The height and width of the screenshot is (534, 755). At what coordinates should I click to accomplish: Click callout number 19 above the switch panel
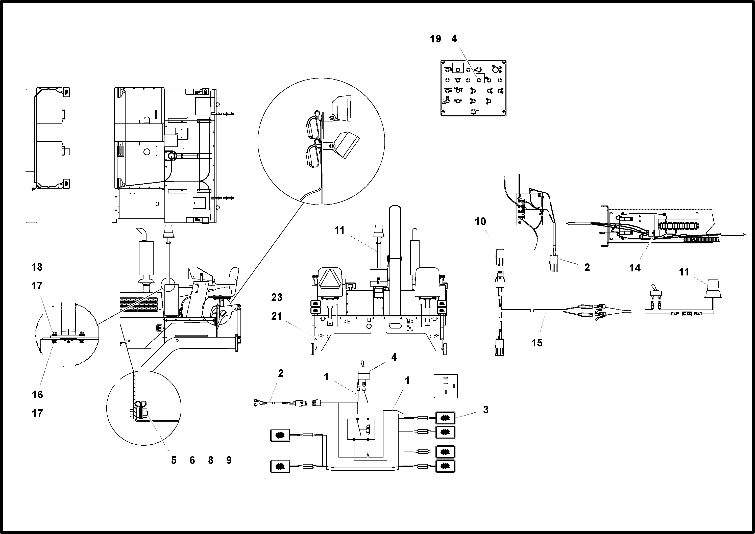click(x=435, y=39)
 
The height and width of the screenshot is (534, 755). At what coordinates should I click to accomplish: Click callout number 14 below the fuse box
click(x=635, y=268)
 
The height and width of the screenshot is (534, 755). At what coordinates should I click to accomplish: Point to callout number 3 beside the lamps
click(x=485, y=410)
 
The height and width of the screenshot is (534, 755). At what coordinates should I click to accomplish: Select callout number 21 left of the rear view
click(x=277, y=316)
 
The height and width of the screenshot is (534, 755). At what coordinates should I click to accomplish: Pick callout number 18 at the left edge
click(x=37, y=267)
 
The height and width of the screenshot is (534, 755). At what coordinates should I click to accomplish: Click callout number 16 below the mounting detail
click(x=37, y=394)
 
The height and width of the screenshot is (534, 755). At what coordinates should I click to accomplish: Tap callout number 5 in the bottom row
click(x=174, y=460)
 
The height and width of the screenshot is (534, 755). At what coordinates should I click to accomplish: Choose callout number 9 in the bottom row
click(x=229, y=460)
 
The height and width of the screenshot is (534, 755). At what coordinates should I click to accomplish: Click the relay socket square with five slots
click(x=445, y=386)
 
